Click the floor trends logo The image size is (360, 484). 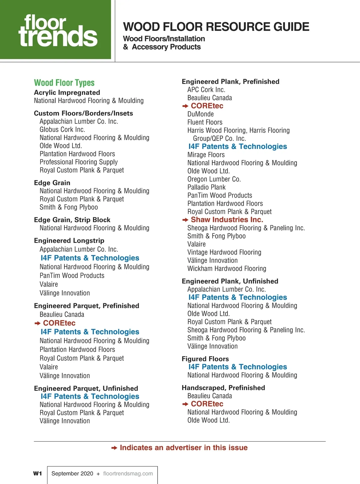[58, 30]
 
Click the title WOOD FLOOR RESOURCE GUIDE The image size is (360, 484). [216, 27]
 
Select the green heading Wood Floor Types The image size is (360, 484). [64, 83]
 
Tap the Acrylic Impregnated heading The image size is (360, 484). [67, 92]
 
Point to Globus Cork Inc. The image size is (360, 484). [62, 129]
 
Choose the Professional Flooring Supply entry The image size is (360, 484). [79, 162]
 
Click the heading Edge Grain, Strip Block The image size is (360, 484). [72, 220]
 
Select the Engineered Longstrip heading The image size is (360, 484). [69, 240]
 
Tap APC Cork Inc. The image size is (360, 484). [206, 90]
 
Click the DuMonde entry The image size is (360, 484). [200, 114]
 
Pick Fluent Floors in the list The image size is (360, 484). [205, 122]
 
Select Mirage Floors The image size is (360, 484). [206, 155]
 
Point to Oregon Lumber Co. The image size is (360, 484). [214, 179]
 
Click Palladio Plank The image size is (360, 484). [206, 187]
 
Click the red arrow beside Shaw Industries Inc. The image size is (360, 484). [185, 220]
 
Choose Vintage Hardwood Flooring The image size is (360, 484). [224, 253]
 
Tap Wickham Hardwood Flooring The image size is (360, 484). [226, 269]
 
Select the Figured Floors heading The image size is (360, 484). [205, 359]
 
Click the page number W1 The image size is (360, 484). [37, 473]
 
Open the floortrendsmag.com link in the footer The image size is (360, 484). [128, 473]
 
